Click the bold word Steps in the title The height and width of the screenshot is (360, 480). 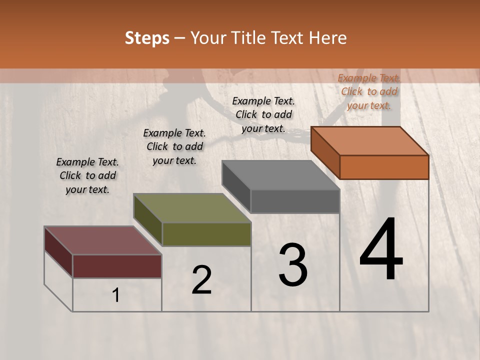coord(146,38)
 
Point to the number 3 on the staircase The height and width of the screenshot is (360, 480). coord(293,265)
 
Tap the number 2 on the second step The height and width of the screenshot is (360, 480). coord(201,280)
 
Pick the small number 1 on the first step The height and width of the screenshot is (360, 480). coord(116,295)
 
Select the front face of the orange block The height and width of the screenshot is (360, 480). coord(384,167)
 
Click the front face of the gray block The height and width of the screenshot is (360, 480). coord(295,201)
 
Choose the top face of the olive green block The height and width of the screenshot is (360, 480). coord(192,208)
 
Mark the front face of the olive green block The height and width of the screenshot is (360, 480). coord(206,234)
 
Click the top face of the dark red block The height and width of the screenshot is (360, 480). coord(103,240)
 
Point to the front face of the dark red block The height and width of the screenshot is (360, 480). coord(117,266)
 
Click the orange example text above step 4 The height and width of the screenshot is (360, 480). coord(369,91)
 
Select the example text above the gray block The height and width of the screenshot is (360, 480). coord(263,114)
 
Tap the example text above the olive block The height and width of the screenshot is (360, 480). coord(174,146)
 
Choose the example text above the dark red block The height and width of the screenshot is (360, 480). coord(87,175)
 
